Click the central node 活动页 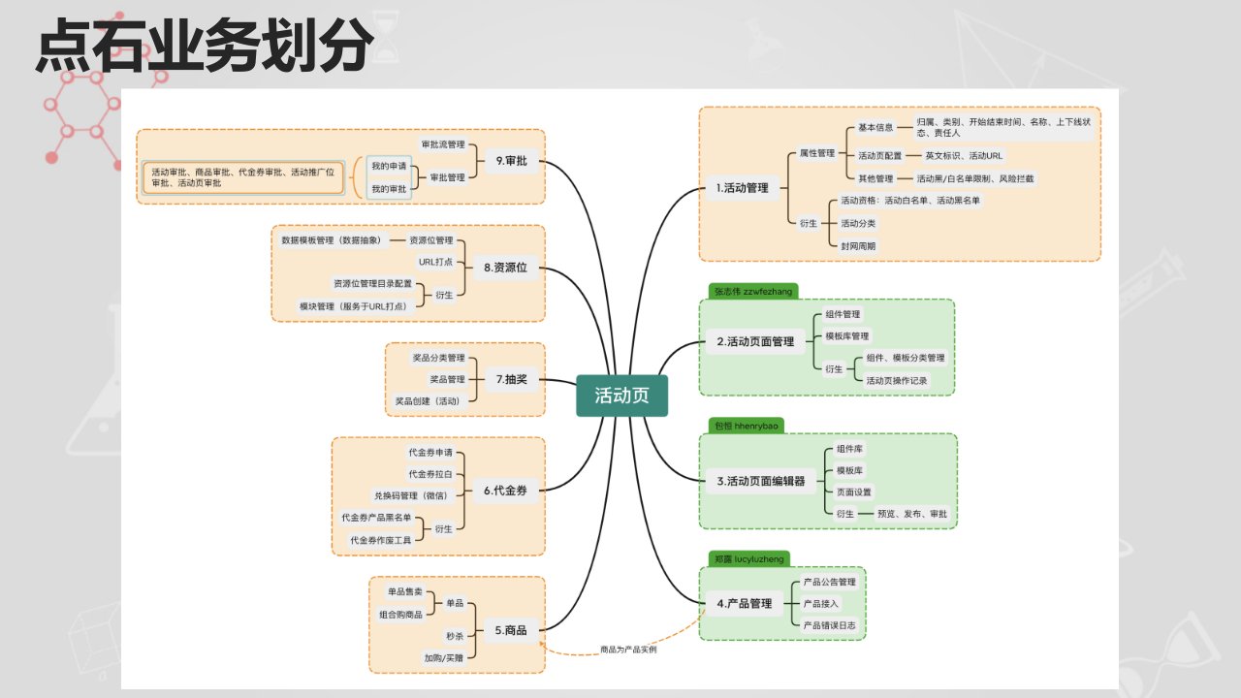click(621, 396)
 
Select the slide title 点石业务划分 click(205, 46)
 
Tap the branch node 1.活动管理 click(742, 188)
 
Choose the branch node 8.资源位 click(505, 268)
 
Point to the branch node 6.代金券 click(504, 491)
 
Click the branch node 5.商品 click(510, 630)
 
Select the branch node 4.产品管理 click(744, 603)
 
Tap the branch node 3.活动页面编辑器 click(760, 480)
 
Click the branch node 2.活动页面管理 click(754, 341)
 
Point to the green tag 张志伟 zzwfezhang click(753, 290)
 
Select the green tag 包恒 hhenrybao click(746, 425)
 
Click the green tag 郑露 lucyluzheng click(748, 558)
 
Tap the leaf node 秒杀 click(454, 636)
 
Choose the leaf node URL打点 click(435, 261)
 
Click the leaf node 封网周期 click(858, 245)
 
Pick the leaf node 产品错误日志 click(830, 625)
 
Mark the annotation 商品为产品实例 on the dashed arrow click(628, 650)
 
